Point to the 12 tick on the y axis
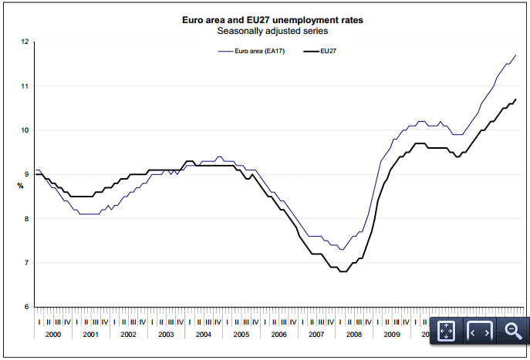tap(25, 42)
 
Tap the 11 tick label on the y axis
tap(25, 86)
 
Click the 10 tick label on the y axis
tap(25, 130)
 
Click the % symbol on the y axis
tap(20, 186)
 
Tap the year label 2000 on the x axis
tap(53, 335)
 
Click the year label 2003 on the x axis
tap(166, 335)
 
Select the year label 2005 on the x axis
tap(241, 335)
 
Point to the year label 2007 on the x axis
tap(316, 335)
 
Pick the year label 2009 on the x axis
tap(391, 335)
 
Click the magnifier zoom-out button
tap(514, 331)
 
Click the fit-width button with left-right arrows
tap(480, 331)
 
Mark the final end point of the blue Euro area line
tap(515, 56)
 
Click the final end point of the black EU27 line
tap(515, 99)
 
